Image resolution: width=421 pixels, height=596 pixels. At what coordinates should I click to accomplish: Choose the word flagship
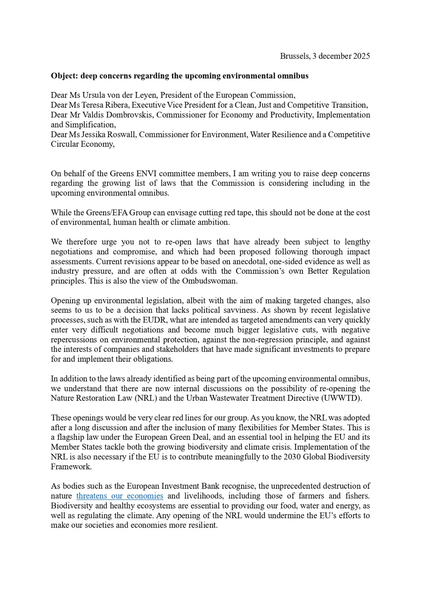(72, 437)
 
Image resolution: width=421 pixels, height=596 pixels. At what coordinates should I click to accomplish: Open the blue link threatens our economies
(120, 496)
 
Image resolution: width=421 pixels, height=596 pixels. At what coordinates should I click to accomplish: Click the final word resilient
(203, 525)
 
